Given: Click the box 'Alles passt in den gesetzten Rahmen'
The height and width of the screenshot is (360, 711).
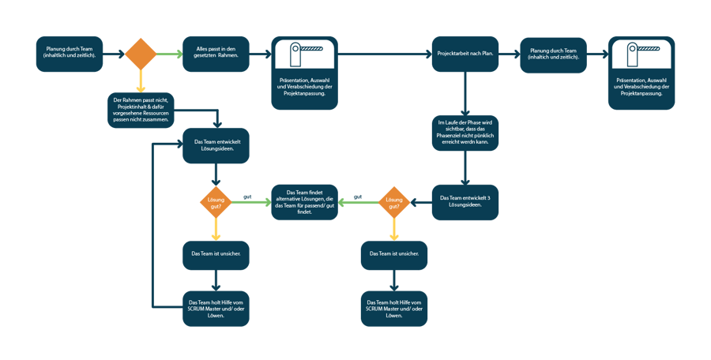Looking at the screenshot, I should (x=216, y=54).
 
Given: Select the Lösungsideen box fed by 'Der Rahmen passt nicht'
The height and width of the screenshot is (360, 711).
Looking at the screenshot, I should (x=216, y=145).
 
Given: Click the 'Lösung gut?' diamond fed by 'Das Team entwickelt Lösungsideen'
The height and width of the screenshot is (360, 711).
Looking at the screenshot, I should (x=216, y=202).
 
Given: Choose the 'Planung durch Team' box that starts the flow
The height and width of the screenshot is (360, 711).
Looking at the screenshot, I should (x=70, y=54).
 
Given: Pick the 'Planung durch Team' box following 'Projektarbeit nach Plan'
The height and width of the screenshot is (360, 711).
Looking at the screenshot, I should (x=554, y=54).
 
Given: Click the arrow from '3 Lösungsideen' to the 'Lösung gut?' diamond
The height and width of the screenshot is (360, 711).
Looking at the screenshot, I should (x=420, y=202).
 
